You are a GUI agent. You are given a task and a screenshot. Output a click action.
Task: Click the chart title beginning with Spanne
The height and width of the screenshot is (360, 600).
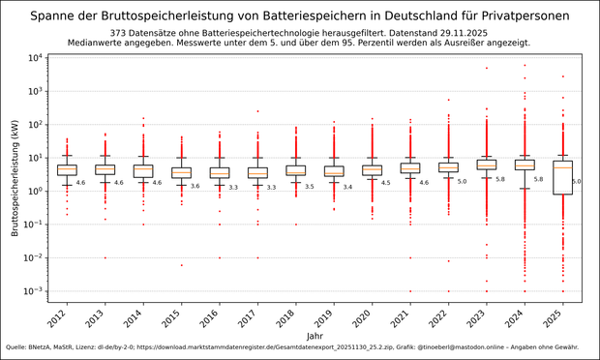pyautogui.click(x=300, y=16)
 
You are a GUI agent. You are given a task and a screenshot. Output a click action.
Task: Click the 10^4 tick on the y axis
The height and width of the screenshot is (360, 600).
pyautogui.click(x=30, y=58)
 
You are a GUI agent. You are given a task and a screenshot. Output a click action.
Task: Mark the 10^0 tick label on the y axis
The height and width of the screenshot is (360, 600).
pyautogui.click(x=30, y=192)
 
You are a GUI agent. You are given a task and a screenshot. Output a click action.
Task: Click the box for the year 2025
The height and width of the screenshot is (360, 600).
pyautogui.click(x=562, y=177)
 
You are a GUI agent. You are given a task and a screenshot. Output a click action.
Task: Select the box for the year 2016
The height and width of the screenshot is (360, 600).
pyautogui.click(x=220, y=172)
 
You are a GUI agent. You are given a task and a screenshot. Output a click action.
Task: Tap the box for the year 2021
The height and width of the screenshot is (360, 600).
pyautogui.click(x=410, y=167)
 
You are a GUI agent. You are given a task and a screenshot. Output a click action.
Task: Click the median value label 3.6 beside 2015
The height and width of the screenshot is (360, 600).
pyautogui.click(x=195, y=186)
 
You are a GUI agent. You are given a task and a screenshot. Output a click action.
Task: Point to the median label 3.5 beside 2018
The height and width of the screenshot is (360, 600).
pyautogui.click(x=309, y=187)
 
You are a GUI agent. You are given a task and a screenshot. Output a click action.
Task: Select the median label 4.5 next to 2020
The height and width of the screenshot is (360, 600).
pyautogui.click(x=385, y=182)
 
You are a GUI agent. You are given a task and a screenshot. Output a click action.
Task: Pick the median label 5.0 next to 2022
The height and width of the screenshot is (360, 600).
pyautogui.click(x=462, y=181)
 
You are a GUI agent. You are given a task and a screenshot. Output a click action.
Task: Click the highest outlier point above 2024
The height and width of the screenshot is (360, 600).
pyautogui.click(x=525, y=66)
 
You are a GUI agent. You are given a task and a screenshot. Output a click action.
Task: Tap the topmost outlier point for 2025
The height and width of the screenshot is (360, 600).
pyautogui.click(x=562, y=76)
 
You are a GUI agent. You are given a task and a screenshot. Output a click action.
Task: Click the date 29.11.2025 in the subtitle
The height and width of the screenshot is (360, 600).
pyautogui.click(x=460, y=32)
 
